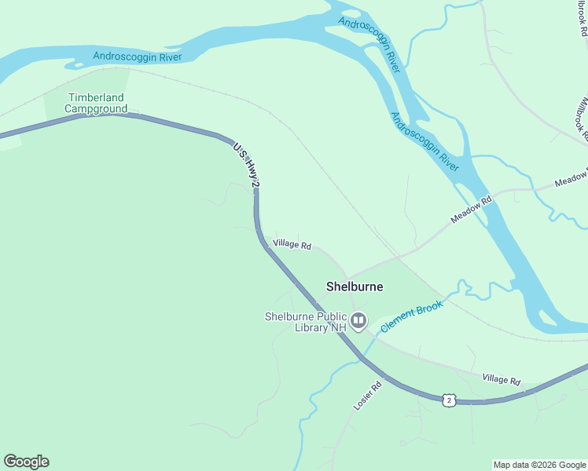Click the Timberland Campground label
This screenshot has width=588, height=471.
[x=96, y=103]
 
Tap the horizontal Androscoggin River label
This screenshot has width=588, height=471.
[x=137, y=57]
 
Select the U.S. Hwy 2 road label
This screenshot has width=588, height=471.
[x=246, y=164]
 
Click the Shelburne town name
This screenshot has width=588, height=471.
[x=355, y=287]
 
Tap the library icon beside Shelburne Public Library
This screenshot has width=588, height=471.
[x=358, y=319]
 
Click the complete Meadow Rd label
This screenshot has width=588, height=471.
[x=471, y=210]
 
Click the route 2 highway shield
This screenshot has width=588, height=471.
[x=449, y=400]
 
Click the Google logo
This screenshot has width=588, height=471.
[x=26, y=462]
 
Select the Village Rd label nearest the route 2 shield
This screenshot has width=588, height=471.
[x=502, y=381]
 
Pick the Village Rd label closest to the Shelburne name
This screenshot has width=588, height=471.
[x=292, y=245]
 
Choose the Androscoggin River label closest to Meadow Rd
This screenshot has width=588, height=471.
[x=424, y=141]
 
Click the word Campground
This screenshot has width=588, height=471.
[x=96, y=108]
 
